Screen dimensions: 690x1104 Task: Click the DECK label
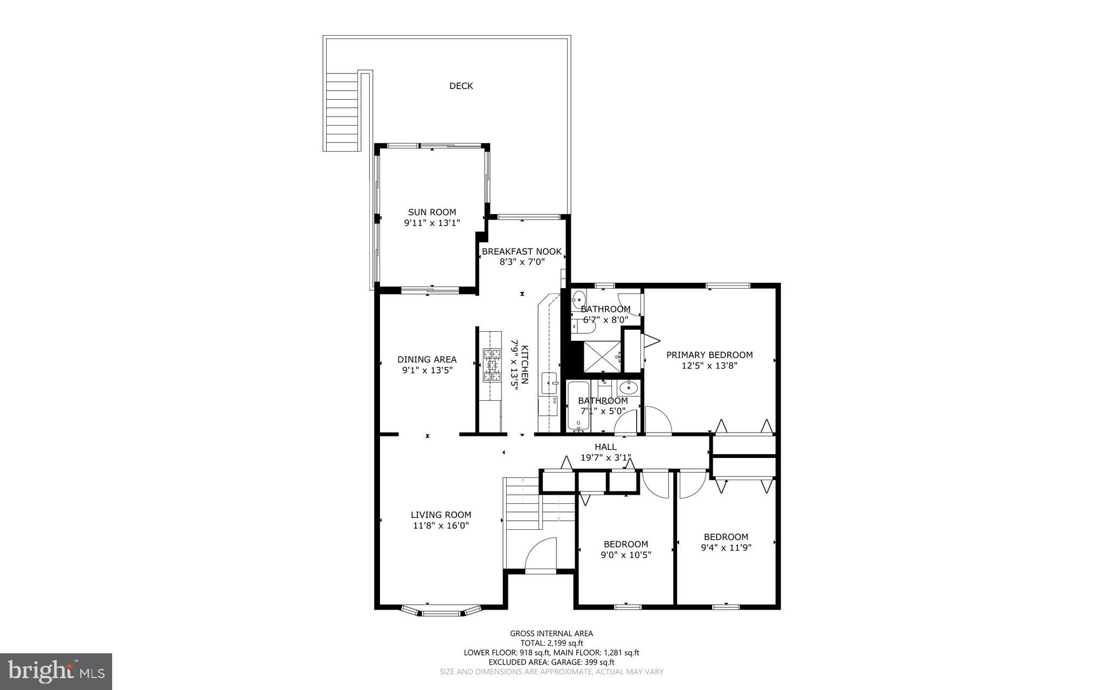pyautogui.click(x=461, y=86)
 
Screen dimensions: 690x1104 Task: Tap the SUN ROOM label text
pyautogui.click(x=432, y=213)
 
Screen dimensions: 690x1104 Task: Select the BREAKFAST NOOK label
pyautogui.click(x=521, y=252)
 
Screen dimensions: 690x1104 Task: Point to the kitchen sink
pyautogui.click(x=550, y=382)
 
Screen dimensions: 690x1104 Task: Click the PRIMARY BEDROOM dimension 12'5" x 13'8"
pyautogui.click(x=709, y=365)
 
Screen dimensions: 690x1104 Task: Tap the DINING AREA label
pyautogui.click(x=427, y=360)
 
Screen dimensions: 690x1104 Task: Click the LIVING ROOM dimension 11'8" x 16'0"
pyautogui.click(x=441, y=525)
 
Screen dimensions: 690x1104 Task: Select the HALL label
pyautogui.click(x=605, y=447)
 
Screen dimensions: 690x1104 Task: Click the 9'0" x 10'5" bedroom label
pyautogui.click(x=626, y=549)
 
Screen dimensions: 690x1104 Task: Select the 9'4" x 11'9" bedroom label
pyautogui.click(x=726, y=542)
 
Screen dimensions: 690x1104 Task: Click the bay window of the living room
pyautogui.click(x=441, y=612)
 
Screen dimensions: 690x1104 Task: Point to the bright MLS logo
pyautogui.click(x=56, y=671)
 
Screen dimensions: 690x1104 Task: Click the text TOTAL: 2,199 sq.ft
pyautogui.click(x=551, y=643)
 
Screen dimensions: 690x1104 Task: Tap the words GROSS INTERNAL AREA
pyautogui.click(x=551, y=633)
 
